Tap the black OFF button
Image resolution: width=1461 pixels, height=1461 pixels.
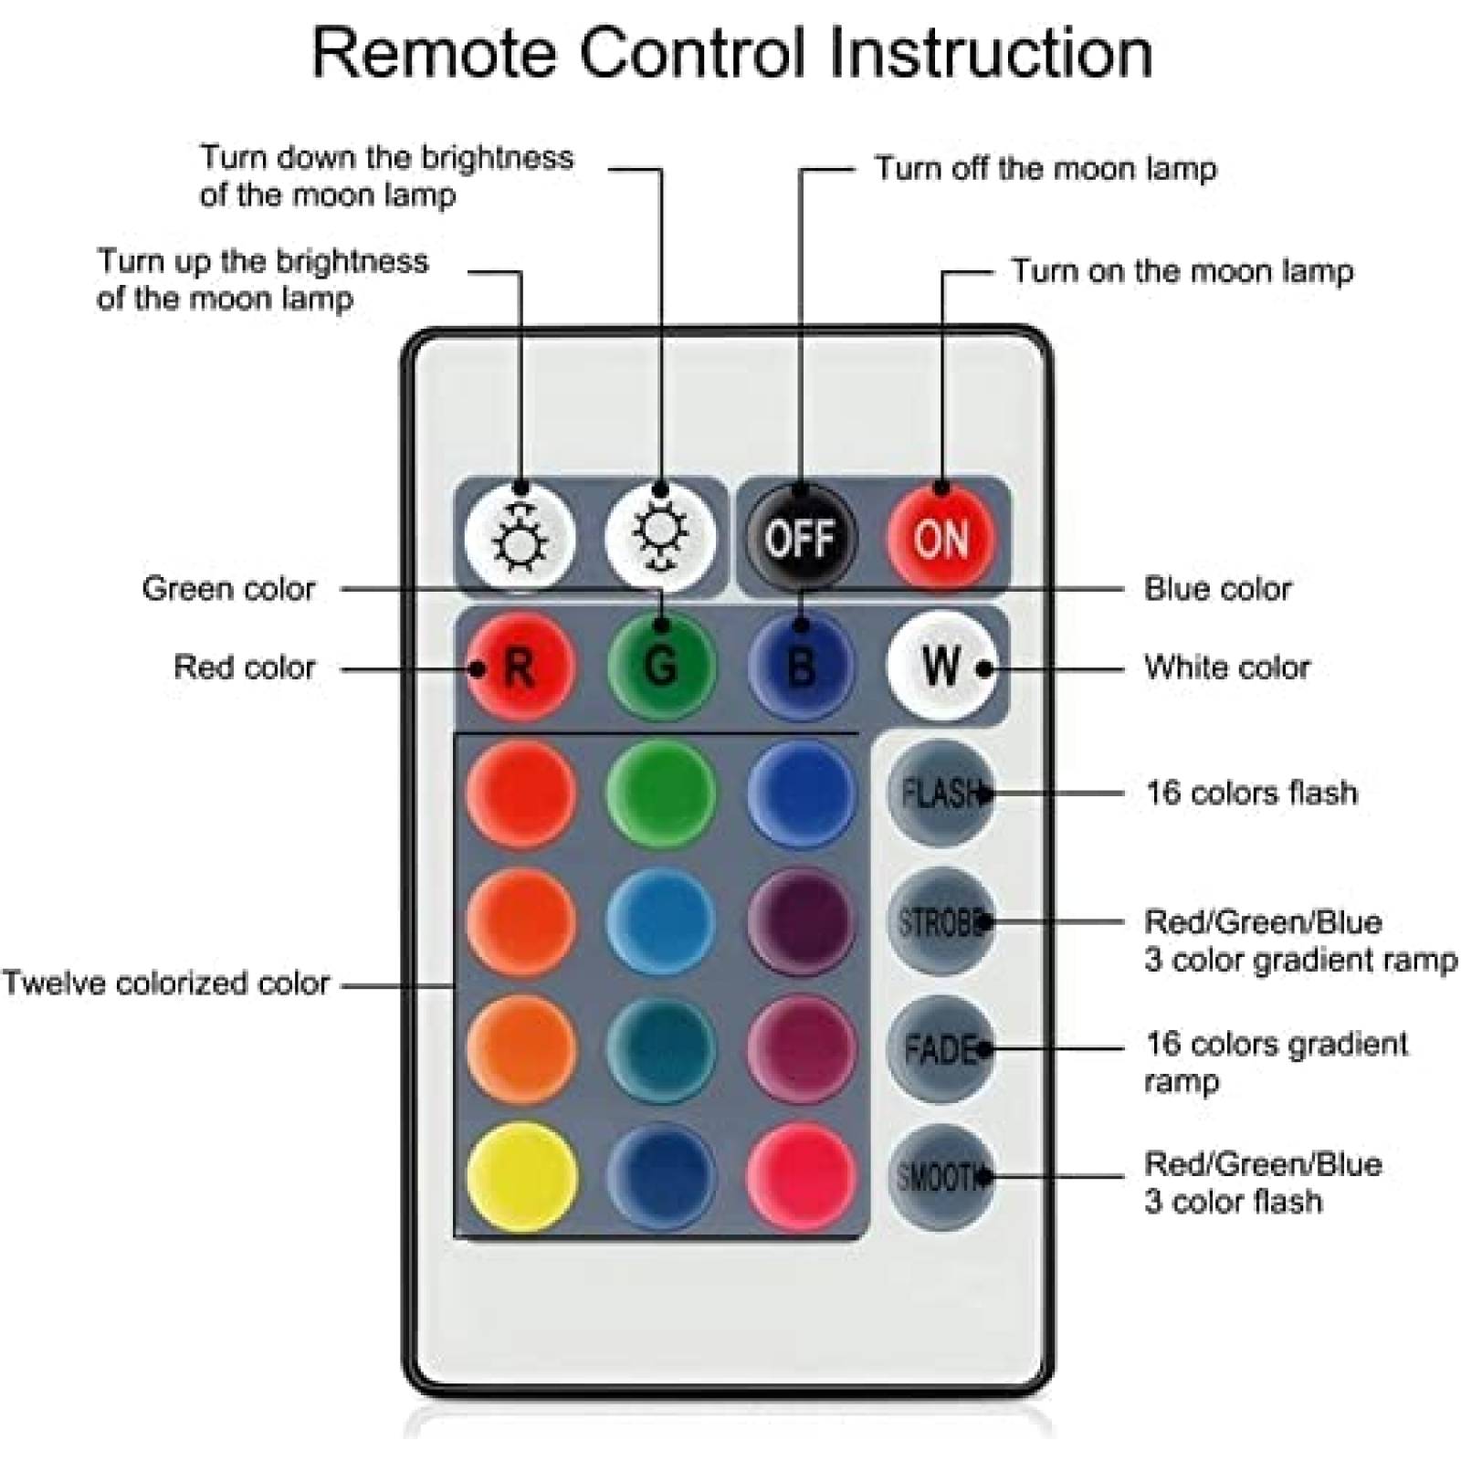tap(801, 538)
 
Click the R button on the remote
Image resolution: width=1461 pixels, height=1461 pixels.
tap(520, 667)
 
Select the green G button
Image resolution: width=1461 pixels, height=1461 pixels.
tap(660, 667)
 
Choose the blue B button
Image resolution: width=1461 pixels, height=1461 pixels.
tap(801, 667)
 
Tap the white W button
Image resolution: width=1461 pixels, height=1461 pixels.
tap(941, 667)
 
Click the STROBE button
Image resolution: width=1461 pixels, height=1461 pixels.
tap(941, 921)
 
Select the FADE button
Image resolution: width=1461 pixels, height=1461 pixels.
tap(941, 1049)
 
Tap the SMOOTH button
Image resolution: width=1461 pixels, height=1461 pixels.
tap(941, 1177)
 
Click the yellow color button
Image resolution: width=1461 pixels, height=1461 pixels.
tap(520, 1177)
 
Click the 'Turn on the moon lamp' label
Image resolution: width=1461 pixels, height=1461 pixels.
tap(1181, 271)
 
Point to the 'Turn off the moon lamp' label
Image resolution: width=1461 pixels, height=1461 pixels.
tap(1046, 169)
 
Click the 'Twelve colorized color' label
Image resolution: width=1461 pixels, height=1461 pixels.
tap(165, 983)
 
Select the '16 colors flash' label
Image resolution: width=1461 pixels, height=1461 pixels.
tap(1251, 793)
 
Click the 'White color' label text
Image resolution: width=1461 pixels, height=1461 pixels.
tap(1226, 667)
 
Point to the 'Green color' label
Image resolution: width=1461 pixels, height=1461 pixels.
tap(228, 589)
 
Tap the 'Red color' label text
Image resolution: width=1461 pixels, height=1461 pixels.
tap(244, 667)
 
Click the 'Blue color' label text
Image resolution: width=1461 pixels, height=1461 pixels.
tap(1217, 589)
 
